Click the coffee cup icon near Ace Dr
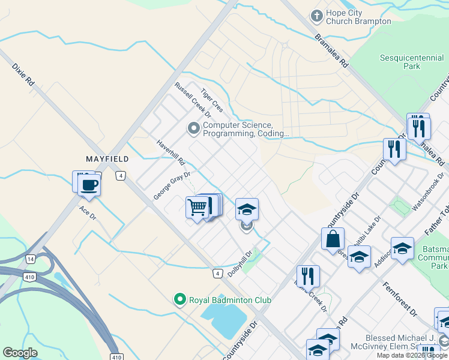[89, 184]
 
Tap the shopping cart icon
[197, 208]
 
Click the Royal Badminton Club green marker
[178, 299]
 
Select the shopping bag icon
[333, 239]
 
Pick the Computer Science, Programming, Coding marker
[193, 128]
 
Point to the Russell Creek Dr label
[193, 100]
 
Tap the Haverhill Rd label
[171, 153]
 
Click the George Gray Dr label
[171, 185]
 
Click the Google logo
[20, 352]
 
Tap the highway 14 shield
[30, 259]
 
